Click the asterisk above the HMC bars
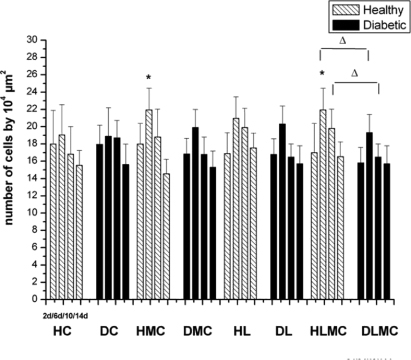coord(148,78)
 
